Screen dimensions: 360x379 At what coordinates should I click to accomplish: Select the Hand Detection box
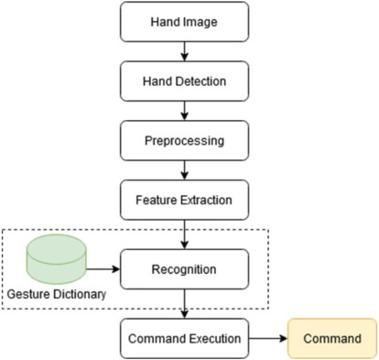(x=184, y=84)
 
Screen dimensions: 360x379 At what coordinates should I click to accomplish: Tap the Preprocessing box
(x=184, y=143)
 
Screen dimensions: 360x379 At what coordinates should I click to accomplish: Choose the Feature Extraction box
(x=184, y=200)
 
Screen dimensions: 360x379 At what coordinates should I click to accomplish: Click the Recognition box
(x=185, y=270)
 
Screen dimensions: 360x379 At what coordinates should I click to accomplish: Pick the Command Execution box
(x=184, y=340)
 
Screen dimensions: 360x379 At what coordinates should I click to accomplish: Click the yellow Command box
(x=332, y=340)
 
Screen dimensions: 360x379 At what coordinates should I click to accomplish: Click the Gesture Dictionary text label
(x=54, y=295)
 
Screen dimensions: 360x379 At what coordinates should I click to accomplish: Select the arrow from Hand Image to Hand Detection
(x=184, y=53)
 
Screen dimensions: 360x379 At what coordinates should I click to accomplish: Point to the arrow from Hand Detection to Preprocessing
(x=184, y=114)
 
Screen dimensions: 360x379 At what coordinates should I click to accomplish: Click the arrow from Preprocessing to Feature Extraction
(x=184, y=171)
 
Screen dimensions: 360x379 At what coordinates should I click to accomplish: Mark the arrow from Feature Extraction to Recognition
(x=184, y=235)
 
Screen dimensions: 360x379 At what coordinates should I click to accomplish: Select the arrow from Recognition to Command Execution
(x=184, y=305)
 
